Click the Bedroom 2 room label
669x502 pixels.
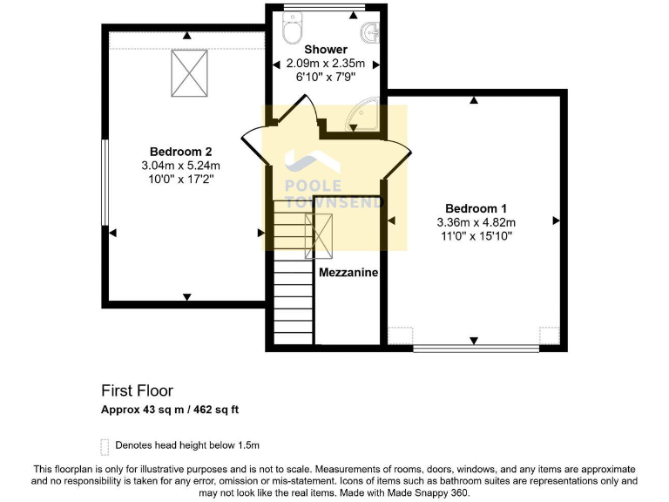[x=180, y=151]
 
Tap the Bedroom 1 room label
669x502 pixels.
[x=476, y=208]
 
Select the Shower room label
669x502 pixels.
[x=326, y=50]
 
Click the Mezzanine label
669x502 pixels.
[x=348, y=273]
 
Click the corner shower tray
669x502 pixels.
[x=366, y=116]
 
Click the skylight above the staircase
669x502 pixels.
[x=318, y=234]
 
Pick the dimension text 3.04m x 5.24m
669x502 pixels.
[x=180, y=165]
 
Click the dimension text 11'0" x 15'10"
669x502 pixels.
[x=476, y=235]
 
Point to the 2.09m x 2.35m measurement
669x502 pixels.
[x=326, y=64]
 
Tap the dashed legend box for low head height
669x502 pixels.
[x=105, y=446]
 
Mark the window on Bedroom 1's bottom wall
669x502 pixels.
[x=476, y=349]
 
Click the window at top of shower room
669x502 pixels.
[x=324, y=8]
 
